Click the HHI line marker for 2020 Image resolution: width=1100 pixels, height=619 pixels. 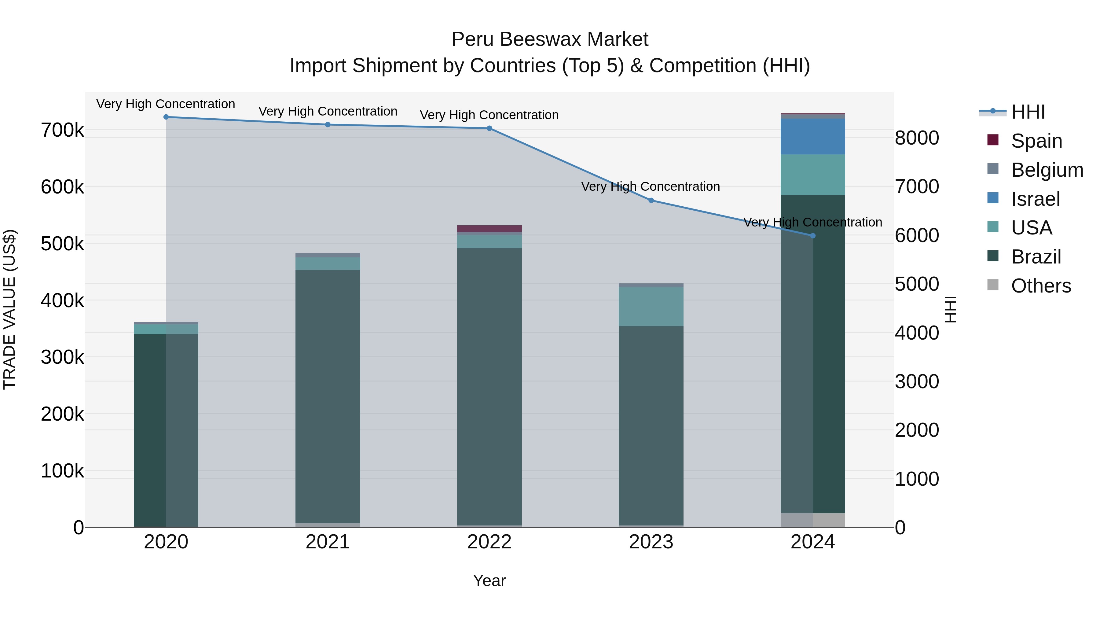tap(166, 117)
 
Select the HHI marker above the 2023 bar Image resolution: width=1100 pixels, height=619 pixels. tap(651, 200)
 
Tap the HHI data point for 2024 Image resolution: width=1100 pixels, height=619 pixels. tap(812, 236)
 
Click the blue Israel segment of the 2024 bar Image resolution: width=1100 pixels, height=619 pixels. tap(812, 137)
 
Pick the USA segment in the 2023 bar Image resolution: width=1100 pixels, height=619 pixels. tap(651, 306)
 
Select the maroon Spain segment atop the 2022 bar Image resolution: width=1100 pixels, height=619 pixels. tap(490, 229)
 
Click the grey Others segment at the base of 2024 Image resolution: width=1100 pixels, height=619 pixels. tap(812, 520)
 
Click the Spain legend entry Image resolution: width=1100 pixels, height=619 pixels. tap(1036, 141)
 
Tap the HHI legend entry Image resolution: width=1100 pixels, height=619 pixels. tap(1028, 112)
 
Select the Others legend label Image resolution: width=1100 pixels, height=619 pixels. tap(1041, 286)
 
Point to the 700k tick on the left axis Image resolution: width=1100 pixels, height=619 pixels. tap(62, 130)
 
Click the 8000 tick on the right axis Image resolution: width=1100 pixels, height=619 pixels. tap(917, 138)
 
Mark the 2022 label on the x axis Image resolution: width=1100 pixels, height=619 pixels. tap(490, 542)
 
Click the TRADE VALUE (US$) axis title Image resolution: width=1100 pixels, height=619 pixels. tap(9, 309)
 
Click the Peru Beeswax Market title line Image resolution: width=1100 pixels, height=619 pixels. tap(550, 39)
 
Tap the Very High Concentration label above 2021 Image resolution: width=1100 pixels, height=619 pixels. tap(328, 112)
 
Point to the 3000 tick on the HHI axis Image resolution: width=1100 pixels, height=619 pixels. tap(917, 381)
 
